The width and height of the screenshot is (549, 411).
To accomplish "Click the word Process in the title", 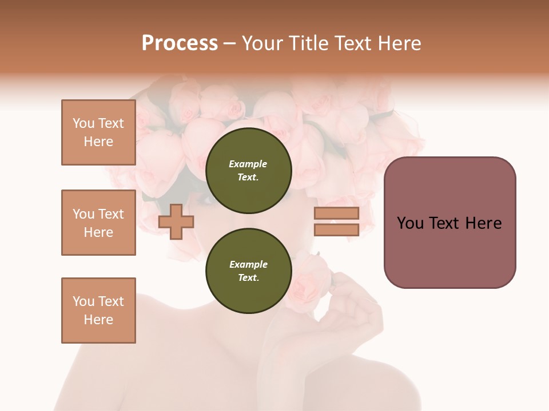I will [x=180, y=43].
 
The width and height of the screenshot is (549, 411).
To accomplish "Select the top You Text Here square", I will [x=98, y=132].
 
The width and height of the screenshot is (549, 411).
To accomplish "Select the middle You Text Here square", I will [x=98, y=223].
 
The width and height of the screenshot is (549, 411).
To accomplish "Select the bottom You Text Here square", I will [x=98, y=311].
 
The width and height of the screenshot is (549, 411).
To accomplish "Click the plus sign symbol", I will [x=176, y=221].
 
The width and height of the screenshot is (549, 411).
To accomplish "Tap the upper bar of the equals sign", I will [x=336, y=213].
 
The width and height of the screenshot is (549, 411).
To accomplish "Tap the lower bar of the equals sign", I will [x=336, y=230].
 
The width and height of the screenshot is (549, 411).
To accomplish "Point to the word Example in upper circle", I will [x=248, y=164].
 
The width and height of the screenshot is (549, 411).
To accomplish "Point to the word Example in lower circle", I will [x=248, y=264].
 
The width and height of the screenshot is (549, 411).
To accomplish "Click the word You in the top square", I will [x=83, y=123].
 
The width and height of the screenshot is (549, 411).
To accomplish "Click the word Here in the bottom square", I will [x=98, y=320].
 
